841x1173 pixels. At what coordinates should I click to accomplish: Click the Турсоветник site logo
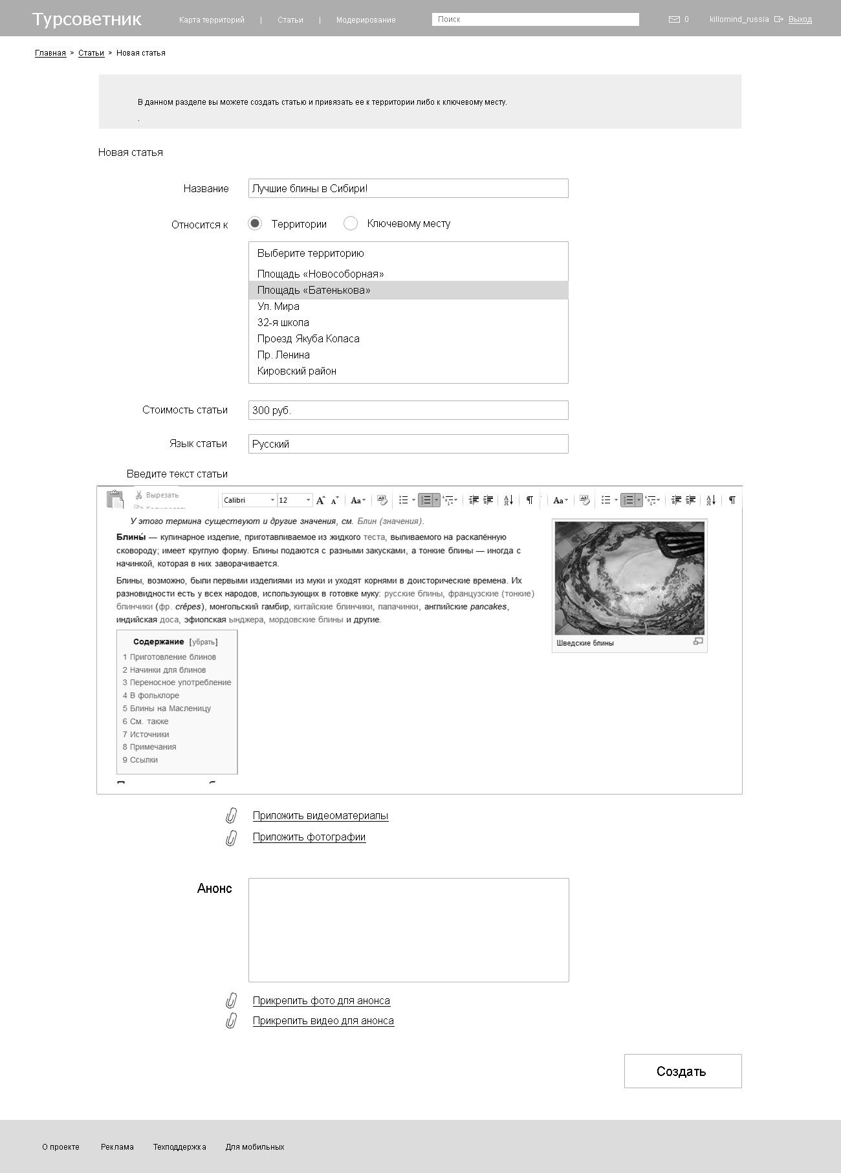87,19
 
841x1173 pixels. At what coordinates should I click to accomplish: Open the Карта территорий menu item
212,20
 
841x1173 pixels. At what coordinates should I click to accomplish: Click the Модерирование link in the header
366,20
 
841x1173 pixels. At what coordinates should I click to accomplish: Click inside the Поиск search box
535,19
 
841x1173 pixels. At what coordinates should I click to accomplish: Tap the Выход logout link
800,19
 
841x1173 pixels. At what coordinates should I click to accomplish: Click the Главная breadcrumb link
50,53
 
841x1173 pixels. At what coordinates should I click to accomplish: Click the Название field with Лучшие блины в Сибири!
408,188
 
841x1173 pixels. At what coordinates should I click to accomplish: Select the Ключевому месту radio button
351,223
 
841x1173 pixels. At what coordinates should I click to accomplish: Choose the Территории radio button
256,223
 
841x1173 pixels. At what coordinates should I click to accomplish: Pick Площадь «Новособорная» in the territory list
320,274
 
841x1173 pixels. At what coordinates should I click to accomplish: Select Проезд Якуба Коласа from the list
308,338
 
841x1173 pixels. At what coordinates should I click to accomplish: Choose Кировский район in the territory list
296,371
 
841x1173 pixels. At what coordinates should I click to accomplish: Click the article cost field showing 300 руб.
408,410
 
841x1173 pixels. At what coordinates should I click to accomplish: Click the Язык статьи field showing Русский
408,444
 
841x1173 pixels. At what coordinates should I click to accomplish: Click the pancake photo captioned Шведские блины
629,578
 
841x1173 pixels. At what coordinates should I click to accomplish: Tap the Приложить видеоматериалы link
320,815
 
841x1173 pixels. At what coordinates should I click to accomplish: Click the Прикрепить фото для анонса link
321,1000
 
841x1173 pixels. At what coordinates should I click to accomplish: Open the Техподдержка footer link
179,1147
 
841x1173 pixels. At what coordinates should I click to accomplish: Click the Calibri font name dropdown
248,500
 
